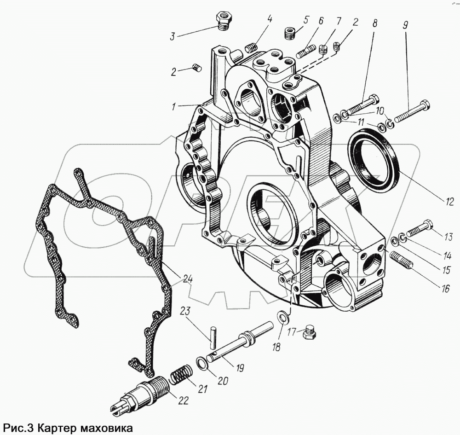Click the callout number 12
(449, 201)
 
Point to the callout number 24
(187, 278)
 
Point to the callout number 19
(239, 368)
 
